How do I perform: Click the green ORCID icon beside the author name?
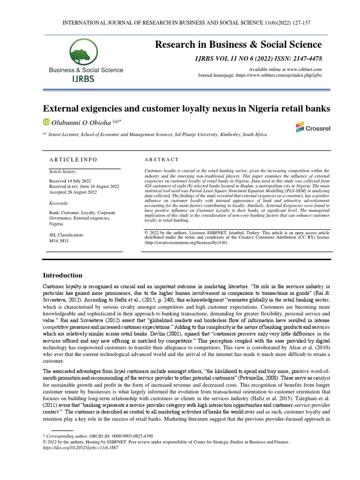point(46,122)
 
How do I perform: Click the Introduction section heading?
point(62,275)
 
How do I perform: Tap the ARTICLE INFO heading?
point(73,159)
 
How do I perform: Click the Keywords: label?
point(59,203)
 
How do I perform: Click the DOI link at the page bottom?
point(80,448)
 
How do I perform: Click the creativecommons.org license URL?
point(187,242)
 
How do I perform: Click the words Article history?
point(63,172)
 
